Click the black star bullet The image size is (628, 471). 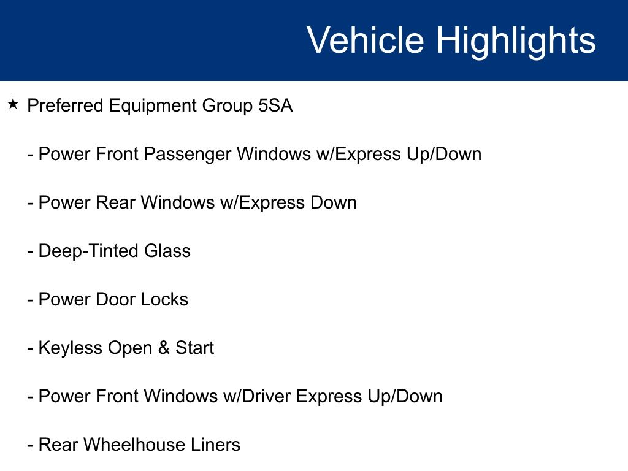(13, 104)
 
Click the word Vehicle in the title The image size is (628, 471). (366, 40)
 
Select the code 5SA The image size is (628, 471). (275, 105)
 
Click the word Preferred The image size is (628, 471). (65, 105)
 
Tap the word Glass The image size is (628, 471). (167, 251)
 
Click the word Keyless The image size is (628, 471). (71, 348)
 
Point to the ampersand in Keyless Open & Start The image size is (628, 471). (164, 348)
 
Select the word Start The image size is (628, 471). (194, 348)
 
